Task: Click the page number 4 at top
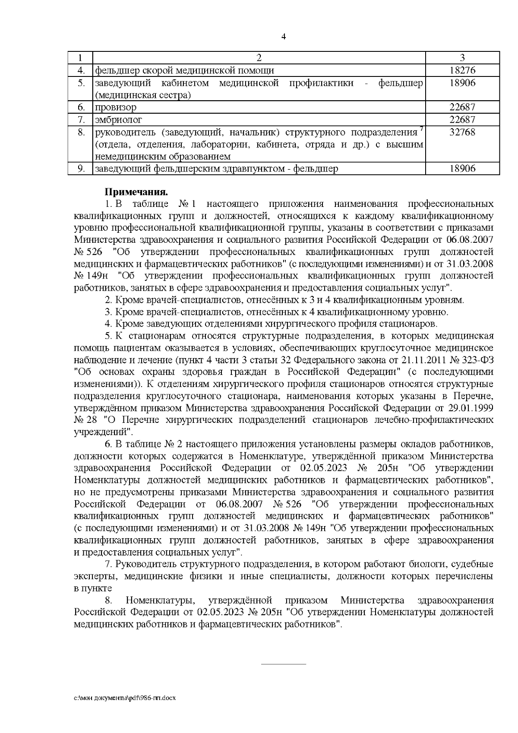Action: [x=283, y=37]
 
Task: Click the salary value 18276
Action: [x=462, y=70]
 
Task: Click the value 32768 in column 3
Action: [x=462, y=132]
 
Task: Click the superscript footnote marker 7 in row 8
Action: [x=421, y=128]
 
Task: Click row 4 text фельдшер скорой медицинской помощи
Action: [x=184, y=70]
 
